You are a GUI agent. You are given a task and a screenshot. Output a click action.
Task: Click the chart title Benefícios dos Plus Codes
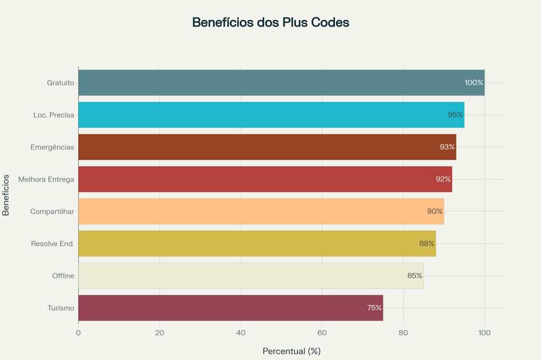click(270, 23)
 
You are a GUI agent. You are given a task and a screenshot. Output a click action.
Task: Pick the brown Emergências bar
click(267, 147)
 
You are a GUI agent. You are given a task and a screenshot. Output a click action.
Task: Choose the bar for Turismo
click(230, 308)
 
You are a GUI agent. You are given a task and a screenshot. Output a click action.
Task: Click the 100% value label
click(474, 83)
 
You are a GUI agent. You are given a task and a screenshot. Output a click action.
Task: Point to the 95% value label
click(455, 115)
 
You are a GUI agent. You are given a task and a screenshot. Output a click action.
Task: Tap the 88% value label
click(426, 243)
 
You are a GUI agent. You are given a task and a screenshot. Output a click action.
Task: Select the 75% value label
click(374, 308)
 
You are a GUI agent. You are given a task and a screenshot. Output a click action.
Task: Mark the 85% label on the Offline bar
click(415, 276)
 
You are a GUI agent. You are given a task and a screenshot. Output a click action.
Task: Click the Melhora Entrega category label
click(46, 179)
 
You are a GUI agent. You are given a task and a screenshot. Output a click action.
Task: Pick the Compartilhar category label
click(52, 212)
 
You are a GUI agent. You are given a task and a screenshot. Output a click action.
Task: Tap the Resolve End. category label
click(52, 244)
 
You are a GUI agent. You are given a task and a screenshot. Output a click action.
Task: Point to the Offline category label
click(63, 276)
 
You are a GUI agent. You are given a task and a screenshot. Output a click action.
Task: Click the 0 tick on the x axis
click(78, 333)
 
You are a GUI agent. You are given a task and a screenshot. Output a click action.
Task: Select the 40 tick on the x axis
click(241, 333)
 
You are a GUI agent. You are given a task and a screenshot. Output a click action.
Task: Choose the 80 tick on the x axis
click(404, 333)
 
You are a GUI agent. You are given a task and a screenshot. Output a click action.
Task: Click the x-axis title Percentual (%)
click(291, 351)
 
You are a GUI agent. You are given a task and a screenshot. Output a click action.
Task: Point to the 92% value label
click(443, 179)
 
